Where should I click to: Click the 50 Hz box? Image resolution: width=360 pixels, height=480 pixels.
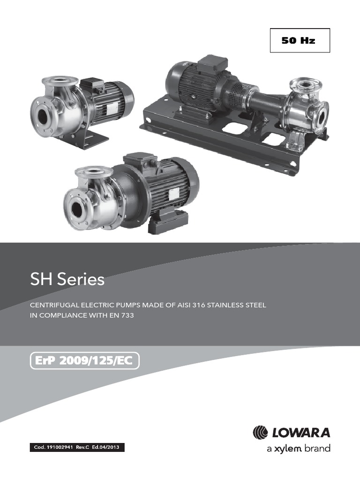(300, 40)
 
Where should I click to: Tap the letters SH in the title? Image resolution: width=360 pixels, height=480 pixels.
(42, 280)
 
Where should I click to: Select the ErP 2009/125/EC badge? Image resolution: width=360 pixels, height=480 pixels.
(84, 361)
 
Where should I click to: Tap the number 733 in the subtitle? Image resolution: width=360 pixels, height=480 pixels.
(127, 316)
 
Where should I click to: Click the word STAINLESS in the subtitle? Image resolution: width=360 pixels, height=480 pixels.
(232, 305)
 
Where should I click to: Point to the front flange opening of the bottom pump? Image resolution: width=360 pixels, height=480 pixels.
(75, 206)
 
